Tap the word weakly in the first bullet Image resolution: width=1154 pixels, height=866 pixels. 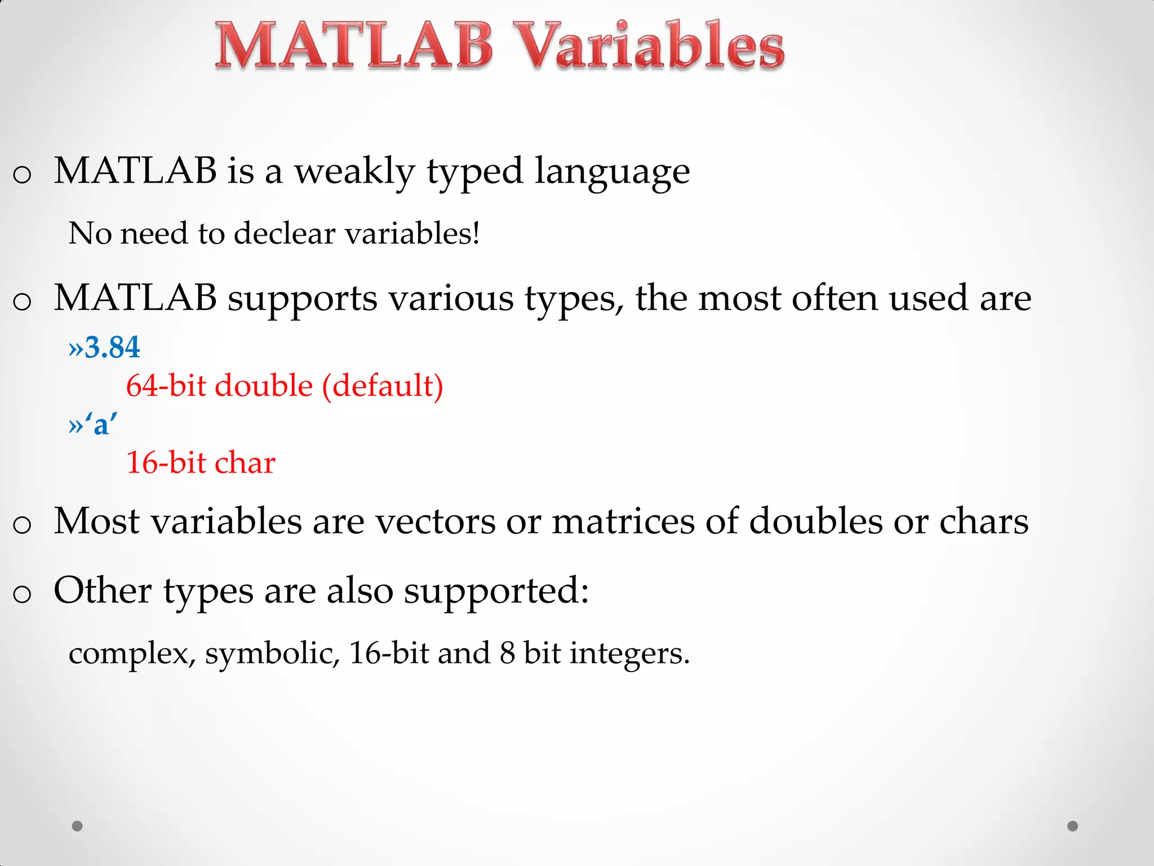coord(354,171)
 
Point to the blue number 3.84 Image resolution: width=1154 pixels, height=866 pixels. coord(112,347)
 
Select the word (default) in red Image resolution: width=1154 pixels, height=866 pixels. coord(383,386)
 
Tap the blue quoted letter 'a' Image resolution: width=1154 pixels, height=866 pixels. coord(101,423)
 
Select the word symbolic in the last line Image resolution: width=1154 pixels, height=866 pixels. coord(272,654)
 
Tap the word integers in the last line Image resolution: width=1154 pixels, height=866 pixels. coord(629,654)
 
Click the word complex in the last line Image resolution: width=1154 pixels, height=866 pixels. coord(131,654)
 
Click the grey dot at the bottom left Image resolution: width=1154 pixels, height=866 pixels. coord(77,826)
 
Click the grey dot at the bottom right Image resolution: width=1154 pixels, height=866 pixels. coord(1073,826)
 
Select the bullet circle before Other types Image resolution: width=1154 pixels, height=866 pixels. coord(22,594)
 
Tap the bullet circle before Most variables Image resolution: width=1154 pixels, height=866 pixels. coord(22,524)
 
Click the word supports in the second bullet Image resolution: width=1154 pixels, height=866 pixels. coord(302,299)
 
